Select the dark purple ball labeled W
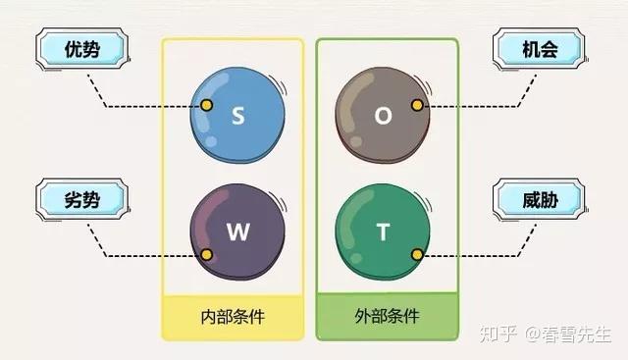pos(238,233)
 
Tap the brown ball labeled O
pos(384,115)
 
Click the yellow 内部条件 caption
pos(234,317)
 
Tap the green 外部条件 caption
pos(387,317)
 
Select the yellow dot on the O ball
pos(417,105)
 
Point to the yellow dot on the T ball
pos(417,255)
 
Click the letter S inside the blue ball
pos(238,116)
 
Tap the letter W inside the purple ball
pos(238,232)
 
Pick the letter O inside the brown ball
pos(384,115)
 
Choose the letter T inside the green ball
pos(384,232)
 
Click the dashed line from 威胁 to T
pos(471,255)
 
